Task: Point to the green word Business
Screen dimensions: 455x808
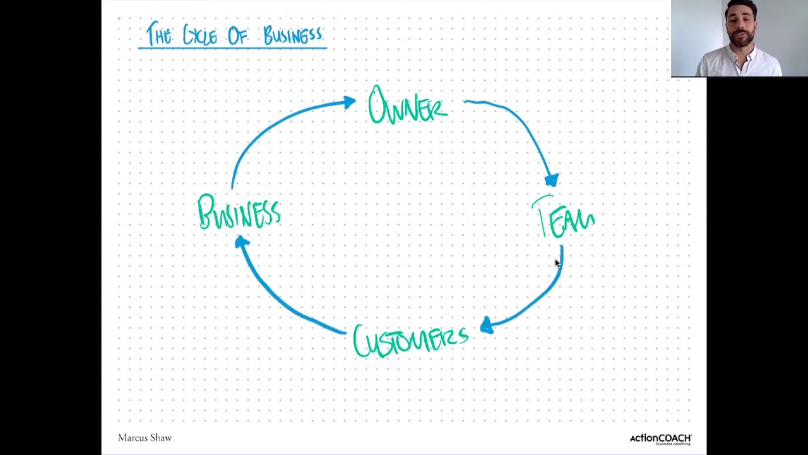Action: [239, 212]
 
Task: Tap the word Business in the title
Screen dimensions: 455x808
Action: [293, 35]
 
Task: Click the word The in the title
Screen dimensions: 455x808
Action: [159, 35]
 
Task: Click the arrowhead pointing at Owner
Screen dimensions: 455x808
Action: [349, 103]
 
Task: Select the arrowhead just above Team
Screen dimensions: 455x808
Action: [552, 181]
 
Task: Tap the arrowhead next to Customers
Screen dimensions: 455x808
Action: [486, 326]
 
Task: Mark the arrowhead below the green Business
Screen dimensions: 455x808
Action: [242, 242]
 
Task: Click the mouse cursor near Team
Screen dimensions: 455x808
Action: [557, 264]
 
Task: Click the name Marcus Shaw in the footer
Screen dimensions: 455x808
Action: [145, 438]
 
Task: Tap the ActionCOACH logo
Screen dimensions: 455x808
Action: [660, 439]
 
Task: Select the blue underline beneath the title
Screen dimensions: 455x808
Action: [232, 48]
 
